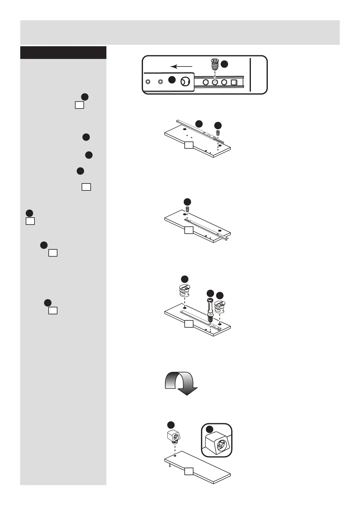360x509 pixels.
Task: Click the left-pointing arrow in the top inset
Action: click(181, 66)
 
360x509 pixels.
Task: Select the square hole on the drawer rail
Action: click(234, 82)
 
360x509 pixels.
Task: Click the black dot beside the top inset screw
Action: click(224, 64)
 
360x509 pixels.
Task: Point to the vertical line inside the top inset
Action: click(250, 75)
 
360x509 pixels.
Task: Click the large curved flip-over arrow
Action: click(181, 383)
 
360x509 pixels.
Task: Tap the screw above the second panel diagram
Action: click(187, 209)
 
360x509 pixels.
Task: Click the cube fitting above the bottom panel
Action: click(173, 437)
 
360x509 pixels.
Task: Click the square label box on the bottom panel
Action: click(189, 480)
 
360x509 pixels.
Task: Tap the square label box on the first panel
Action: click(189, 146)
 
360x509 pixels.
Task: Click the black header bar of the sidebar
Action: click(63, 53)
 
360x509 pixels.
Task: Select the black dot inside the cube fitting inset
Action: click(209, 429)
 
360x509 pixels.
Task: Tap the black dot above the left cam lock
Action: click(184, 279)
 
